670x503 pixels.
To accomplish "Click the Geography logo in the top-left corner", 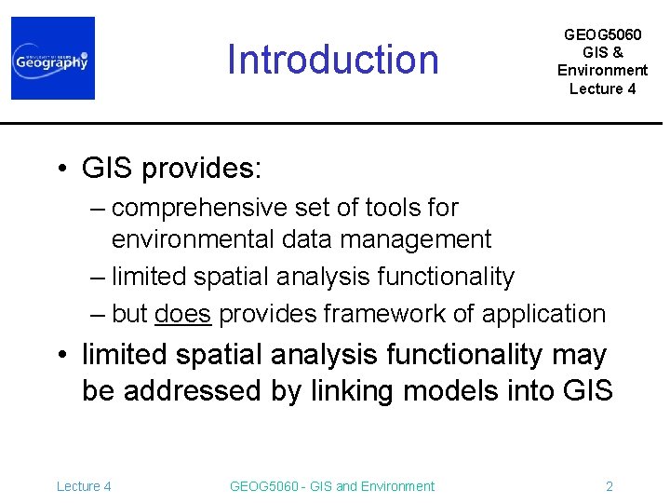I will (53, 58).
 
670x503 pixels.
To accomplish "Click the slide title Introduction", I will (333, 60).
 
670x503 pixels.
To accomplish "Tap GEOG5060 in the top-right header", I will (602, 34).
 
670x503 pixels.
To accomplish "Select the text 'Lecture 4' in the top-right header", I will (602, 88).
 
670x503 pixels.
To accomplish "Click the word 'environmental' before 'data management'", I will (192, 239).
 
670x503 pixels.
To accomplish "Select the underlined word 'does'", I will (184, 314).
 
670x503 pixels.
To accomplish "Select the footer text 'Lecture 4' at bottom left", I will (84, 485).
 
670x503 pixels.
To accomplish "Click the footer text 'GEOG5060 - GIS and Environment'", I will (331, 485).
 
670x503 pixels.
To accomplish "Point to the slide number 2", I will (610, 485).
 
